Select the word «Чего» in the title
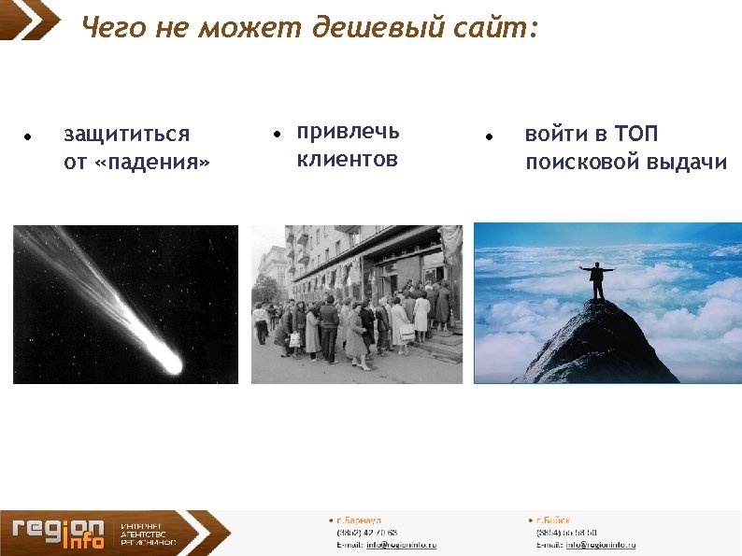pyautogui.click(x=112, y=28)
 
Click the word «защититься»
pyautogui.click(x=126, y=135)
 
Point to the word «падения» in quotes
pyautogui.click(x=150, y=163)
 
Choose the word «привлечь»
pyautogui.click(x=348, y=132)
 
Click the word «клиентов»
pyautogui.click(x=347, y=160)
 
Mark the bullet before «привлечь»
pyautogui.click(x=277, y=135)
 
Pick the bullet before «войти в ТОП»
pyautogui.click(x=489, y=136)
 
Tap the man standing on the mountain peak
pyautogui.click(x=597, y=280)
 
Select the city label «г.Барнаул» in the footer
pyautogui.click(x=357, y=520)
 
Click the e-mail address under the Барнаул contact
pyautogui.click(x=401, y=545)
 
